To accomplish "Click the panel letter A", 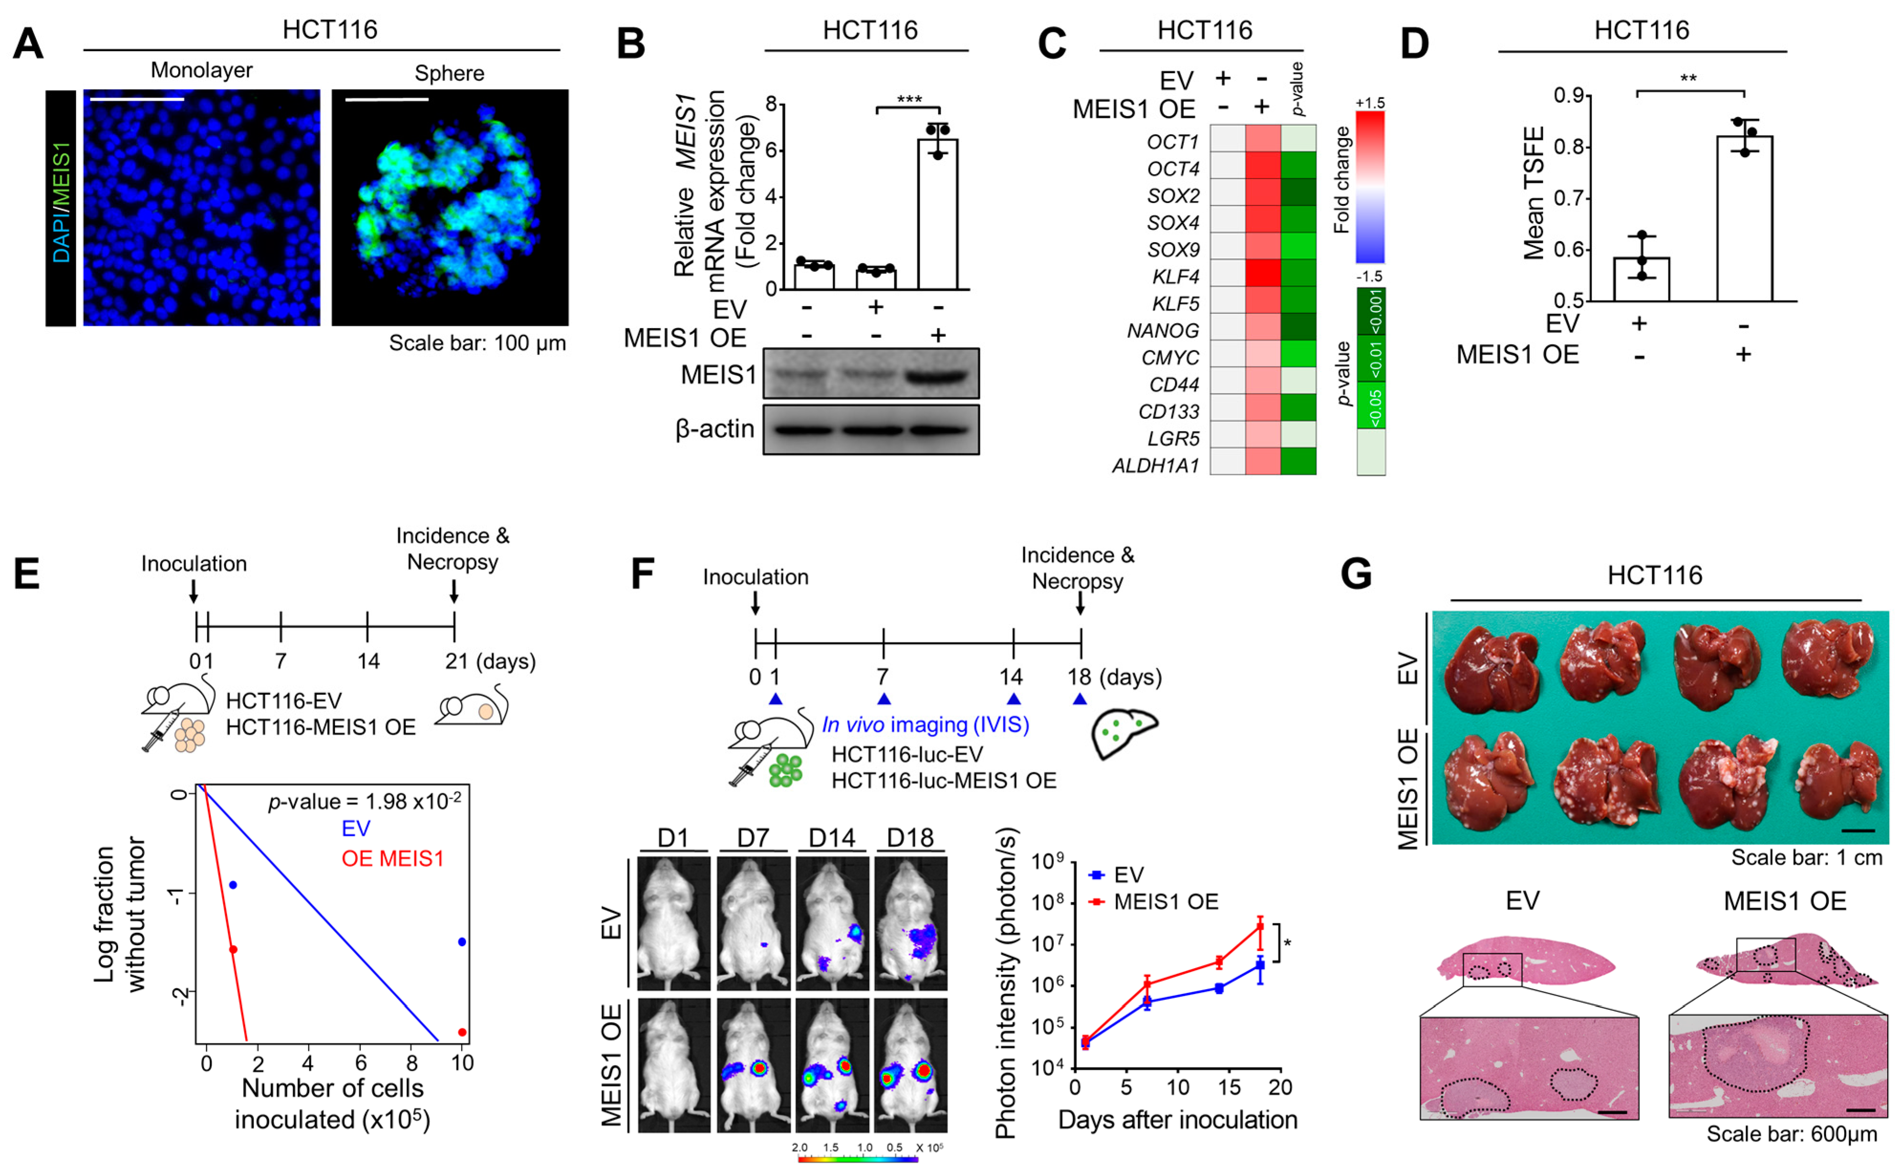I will pos(28,44).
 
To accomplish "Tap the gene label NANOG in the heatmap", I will pos(1163,331).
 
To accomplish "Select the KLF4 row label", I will pos(1175,277).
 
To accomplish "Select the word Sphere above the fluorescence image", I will pos(449,74).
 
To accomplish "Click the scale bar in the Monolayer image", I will pos(137,99).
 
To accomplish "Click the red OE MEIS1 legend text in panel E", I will pos(393,859).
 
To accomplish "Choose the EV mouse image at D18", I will pos(910,923).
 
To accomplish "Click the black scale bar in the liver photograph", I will pos(1858,831).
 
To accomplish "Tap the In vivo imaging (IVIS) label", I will pos(925,725).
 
